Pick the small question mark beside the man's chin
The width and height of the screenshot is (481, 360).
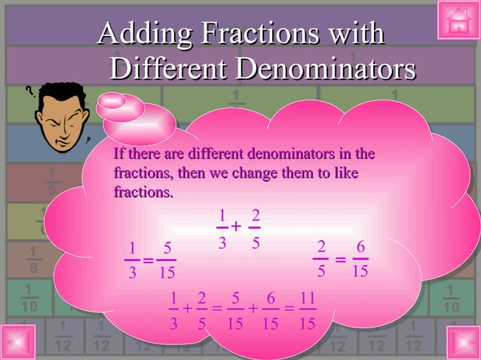pos(89,139)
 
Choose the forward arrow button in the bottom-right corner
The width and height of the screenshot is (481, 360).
pos(462,341)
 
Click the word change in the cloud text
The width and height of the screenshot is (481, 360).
pos(262,174)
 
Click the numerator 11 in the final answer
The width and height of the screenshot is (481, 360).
pos(306,298)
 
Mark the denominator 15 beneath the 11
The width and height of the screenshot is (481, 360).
pos(306,323)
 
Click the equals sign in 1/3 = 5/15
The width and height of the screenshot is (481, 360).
pos(148,261)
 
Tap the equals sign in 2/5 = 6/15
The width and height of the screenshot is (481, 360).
pos(340,260)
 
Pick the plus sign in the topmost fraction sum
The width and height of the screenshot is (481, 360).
pos(236,227)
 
